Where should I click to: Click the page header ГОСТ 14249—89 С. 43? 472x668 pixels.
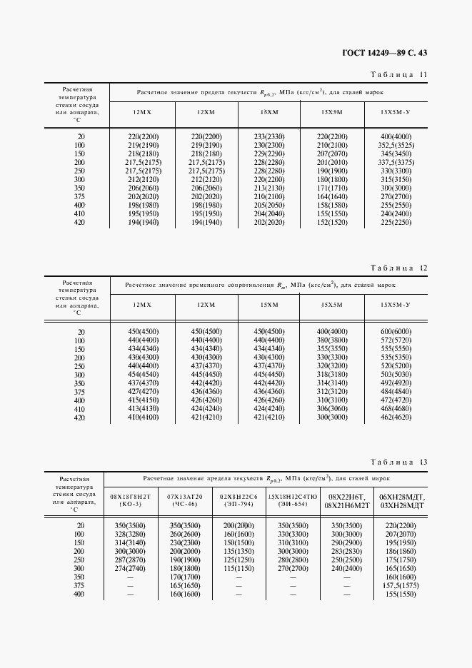click(x=386, y=52)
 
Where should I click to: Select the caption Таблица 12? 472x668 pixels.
click(x=399, y=268)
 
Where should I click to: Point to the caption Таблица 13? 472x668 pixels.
click(x=399, y=462)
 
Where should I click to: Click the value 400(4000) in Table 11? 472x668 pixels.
click(x=396, y=136)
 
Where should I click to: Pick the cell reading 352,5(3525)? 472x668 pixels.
click(x=396, y=145)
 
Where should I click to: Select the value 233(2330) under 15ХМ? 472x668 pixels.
click(x=269, y=136)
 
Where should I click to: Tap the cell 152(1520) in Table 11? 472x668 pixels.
click(x=332, y=223)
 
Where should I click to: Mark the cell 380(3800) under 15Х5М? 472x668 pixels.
click(x=332, y=340)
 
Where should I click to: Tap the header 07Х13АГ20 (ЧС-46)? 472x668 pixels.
click(x=185, y=500)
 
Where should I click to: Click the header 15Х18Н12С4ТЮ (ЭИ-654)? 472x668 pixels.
click(x=293, y=500)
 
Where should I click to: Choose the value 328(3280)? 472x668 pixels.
click(x=129, y=534)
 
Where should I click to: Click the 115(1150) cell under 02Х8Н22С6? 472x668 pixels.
click(x=238, y=568)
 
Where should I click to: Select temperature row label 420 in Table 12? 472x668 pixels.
click(x=81, y=418)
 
